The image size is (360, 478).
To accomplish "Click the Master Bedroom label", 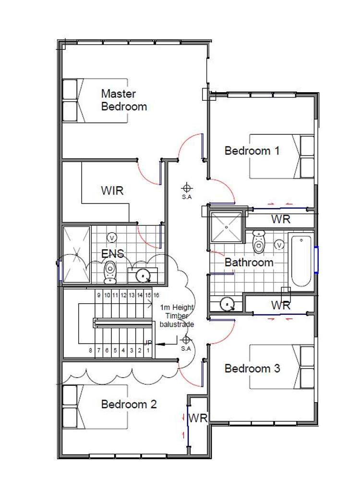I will pos(124,100).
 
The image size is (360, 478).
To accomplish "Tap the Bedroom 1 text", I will pos(252,151).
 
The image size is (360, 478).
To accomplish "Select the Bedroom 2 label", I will pos(129,404).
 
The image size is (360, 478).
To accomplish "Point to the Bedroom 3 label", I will pos(252,368).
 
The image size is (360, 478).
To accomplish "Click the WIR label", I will pos(112,191).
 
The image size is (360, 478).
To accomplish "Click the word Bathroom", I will pos(249,263).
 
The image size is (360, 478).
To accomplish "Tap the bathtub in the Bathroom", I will pos(301,261).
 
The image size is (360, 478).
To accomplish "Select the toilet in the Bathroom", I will pos(259,242).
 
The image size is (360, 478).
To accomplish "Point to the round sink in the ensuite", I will pos(143,275).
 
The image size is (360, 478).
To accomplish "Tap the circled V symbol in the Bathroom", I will pos(279,245).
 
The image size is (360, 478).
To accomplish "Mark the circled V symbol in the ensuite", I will pos(112,238).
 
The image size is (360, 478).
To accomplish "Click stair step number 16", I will pos(156,295).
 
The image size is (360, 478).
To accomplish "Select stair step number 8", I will pos(91,350).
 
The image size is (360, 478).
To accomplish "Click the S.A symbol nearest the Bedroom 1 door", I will pos(187,188).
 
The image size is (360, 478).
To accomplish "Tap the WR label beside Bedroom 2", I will pos(197,418).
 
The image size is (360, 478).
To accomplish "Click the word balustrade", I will pos(178,324).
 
